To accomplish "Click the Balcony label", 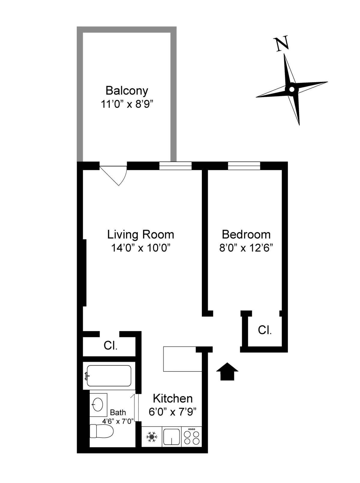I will tap(127, 91).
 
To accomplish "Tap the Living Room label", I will tap(140, 234).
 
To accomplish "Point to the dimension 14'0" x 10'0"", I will tap(140, 248).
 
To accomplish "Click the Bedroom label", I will tap(246, 234).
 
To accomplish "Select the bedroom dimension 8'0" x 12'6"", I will tap(246, 248).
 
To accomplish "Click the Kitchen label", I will tap(172, 398).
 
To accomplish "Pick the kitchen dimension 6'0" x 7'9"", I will tap(172, 412).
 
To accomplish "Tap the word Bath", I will tap(118, 412).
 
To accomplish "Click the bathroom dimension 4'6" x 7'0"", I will tap(118, 421).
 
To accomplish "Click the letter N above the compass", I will tap(282, 44).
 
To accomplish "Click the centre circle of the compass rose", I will tap(292, 89).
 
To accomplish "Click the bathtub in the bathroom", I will tap(109, 375).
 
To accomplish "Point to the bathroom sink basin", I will tap(98, 405).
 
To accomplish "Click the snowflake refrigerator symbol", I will tap(152, 437).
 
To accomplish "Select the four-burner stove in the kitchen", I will tap(191, 437).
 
